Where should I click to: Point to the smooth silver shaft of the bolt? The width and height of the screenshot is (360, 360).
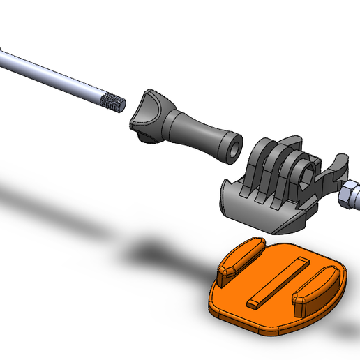[49, 74]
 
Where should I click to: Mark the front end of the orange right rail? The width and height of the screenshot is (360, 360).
[301, 303]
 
